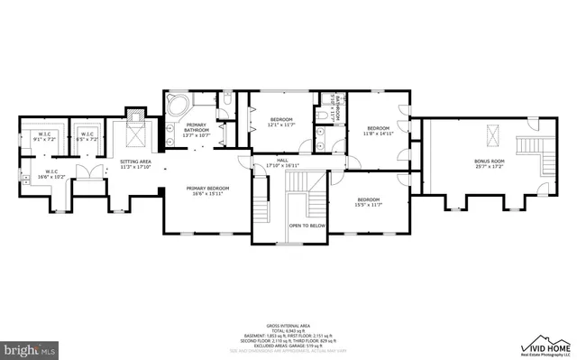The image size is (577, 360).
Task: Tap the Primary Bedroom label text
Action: pos(207,190)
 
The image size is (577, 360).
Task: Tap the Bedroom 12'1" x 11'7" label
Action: pos(282,122)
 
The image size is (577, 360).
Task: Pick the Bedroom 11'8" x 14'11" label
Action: pos(377,132)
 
